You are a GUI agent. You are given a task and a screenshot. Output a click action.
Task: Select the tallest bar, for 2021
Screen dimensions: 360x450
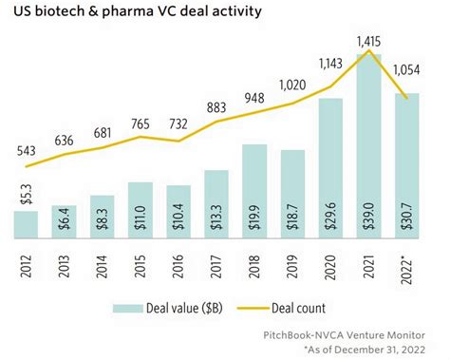368,152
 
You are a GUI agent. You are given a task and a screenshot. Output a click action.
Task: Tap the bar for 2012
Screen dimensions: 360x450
27,225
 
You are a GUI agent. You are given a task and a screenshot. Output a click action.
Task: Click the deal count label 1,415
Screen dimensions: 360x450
368,41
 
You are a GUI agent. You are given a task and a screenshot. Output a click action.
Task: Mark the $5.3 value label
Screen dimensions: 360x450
28,225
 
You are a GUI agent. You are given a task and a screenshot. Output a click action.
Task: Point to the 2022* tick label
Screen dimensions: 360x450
406,262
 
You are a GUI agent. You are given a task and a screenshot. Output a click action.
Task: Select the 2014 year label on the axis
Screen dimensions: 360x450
103,259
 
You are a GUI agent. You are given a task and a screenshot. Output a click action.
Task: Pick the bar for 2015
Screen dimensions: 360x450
141,210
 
